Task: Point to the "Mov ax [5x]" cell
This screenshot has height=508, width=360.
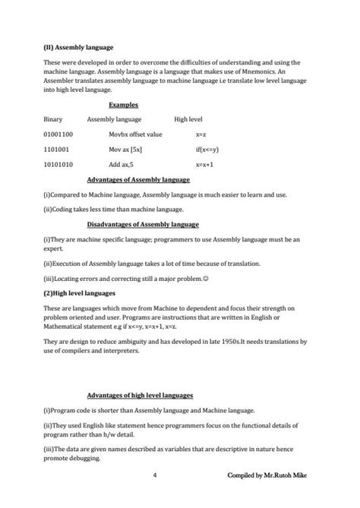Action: (127, 150)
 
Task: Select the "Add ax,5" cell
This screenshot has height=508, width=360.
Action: (122, 164)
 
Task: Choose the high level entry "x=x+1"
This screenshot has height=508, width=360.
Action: (204, 164)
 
